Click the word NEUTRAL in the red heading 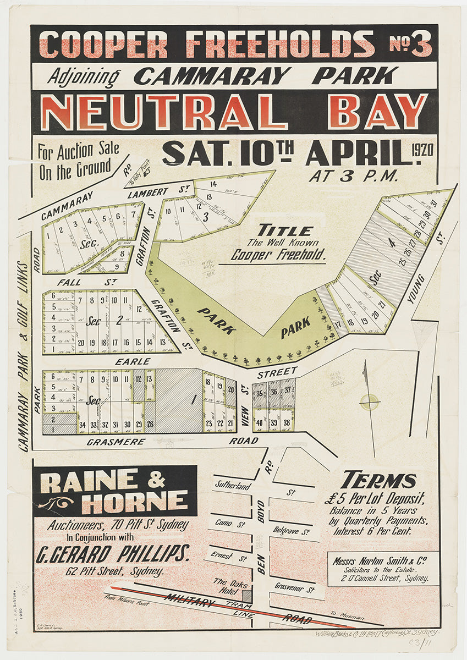(163, 112)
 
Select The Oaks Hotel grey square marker (246, 596)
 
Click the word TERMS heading (378, 481)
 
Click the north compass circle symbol (370, 402)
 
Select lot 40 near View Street (260, 422)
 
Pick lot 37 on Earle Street (288, 391)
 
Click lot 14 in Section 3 (213, 185)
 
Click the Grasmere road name (123, 441)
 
